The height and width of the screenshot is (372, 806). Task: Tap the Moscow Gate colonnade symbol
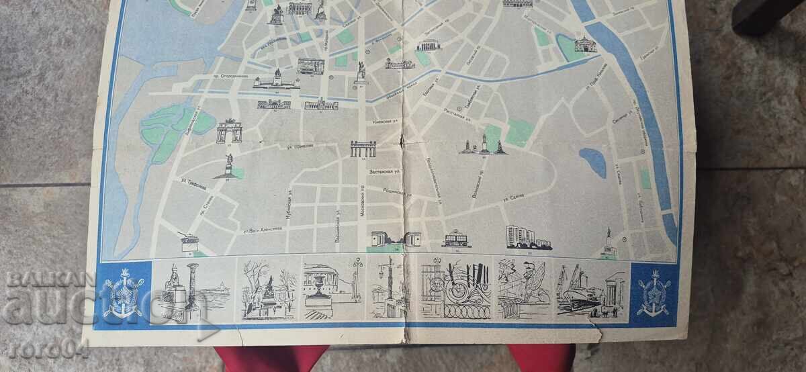coord(363,148)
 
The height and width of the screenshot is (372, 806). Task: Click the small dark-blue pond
coord(592,162)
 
